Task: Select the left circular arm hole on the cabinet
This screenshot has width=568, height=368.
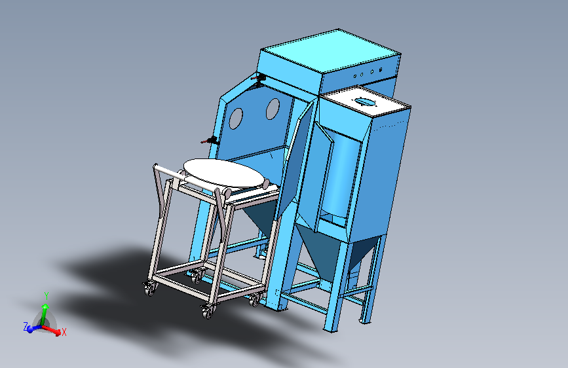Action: [236, 118]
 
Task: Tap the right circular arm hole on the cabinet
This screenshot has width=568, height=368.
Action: [273, 109]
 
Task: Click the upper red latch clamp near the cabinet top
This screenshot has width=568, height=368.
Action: [259, 78]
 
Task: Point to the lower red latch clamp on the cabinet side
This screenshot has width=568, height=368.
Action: [210, 140]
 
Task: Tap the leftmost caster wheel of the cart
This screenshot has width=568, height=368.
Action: [149, 289]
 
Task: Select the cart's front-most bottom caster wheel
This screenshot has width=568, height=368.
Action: [208, 312]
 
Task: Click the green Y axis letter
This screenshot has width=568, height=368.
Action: [47, 296]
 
